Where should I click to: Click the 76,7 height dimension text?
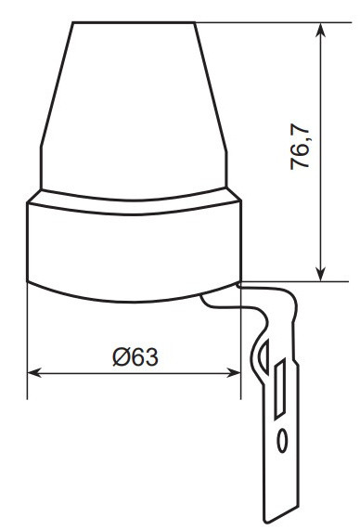tap(300, 147)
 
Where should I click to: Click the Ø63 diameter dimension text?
tap(135, 357)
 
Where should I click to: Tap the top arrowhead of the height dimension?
tap(320, 30)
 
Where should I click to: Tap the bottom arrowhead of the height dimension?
tap(320, 274)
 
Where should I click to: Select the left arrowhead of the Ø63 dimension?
tap(34, 373)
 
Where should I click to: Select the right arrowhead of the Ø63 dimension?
tap(234, 373)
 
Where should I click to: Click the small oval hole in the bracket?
tap(282, 441)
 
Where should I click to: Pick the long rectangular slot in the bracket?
tap(280, 389)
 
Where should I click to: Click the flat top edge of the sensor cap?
tap(134, 22)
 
